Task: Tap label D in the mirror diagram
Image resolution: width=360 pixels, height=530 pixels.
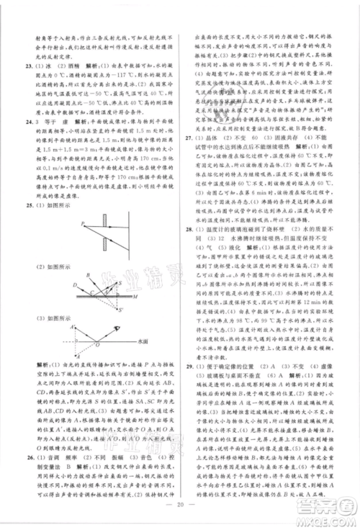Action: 55,286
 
